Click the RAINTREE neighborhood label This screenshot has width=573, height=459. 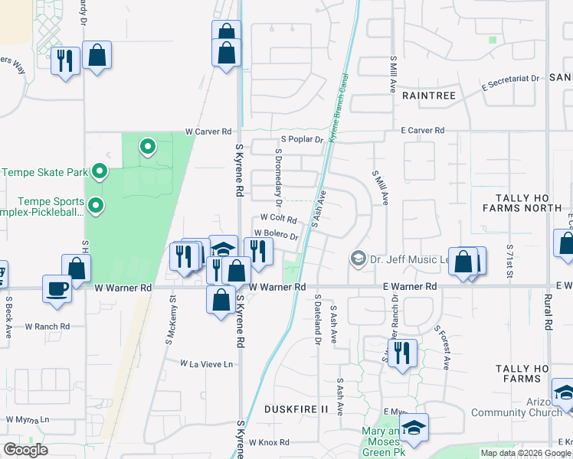tap(428, 96)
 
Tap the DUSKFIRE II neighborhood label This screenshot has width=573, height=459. tap(296, 409)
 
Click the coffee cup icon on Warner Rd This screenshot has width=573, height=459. tap(57, 288)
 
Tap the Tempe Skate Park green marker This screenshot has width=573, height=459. tap(99, 171)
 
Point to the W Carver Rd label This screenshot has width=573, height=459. tap(207, 132)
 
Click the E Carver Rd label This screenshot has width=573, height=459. tap(424, 131)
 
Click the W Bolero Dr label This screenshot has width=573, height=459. tap(276, 233)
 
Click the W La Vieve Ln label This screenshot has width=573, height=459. tap(206, 363)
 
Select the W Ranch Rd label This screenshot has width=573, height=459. tap(47, 326)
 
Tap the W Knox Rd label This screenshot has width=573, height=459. tap(273, 442)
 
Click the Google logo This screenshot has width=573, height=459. tap(26, 449)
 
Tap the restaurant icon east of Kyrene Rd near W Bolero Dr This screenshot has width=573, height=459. tap(258, 251)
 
